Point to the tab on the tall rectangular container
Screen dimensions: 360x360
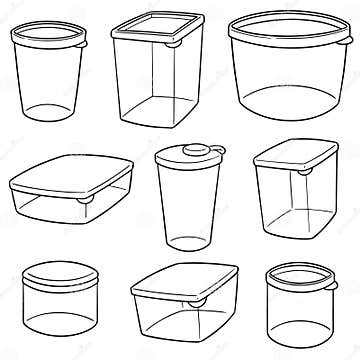(x=174, y=43)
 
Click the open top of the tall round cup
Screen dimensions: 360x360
(x=48, y=38)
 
